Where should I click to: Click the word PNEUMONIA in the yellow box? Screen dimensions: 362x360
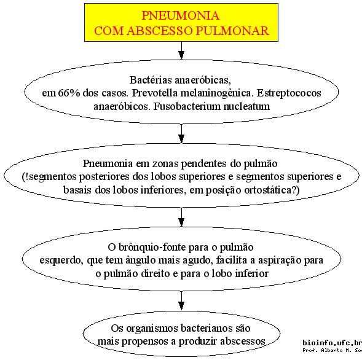[x=180, y=16]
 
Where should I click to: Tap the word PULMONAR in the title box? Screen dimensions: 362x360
[x=232, y=31]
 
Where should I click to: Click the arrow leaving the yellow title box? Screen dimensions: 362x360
[x=181, y=50]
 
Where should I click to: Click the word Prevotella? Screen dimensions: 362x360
[x=155, y=93]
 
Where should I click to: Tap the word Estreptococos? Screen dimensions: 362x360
[x=289, y=93]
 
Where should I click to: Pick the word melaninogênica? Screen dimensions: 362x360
[x=217, y=93]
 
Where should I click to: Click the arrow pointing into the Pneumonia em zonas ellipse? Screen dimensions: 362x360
[x=181, y=133]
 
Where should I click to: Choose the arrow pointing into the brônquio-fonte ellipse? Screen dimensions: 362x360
[x=181, y=217]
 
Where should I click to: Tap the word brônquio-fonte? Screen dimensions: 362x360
[x=152, y=248]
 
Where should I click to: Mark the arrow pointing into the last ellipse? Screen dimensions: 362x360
[x=181, y=300]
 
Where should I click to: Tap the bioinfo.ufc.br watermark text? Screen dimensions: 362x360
[x=332, y=342]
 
